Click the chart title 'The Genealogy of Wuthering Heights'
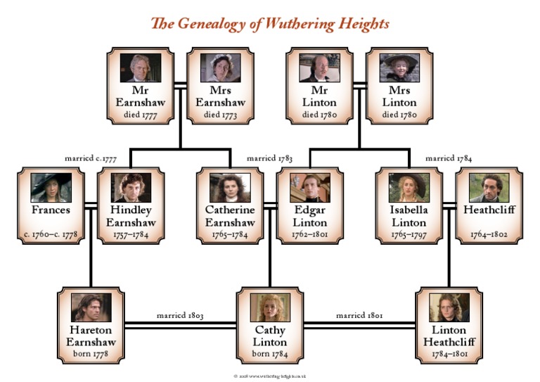point(270,24)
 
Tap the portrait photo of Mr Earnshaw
point(141,68)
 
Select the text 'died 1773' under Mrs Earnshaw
point(221,115)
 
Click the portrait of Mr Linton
point(319,68)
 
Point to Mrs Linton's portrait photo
point(399,68)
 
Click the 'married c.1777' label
point(91,159)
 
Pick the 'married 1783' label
point(270,159)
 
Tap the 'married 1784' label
point(449,159)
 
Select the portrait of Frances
point(51,188)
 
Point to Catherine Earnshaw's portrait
point(230,188)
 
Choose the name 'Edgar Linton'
point(310,216)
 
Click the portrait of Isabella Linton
point(409,188)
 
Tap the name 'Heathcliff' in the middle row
point(489,210)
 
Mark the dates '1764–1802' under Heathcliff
point(489,234)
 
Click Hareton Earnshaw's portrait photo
point(91,307)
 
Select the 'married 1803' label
point(180,316)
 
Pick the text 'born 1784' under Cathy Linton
point(270,353)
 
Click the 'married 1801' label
point(359,316)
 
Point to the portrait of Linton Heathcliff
point(449,307)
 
